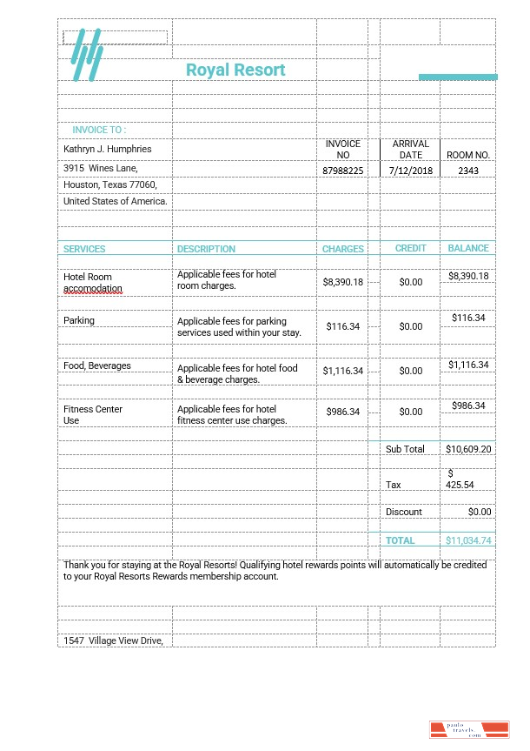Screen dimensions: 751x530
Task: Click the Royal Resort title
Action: (x=235, y=70)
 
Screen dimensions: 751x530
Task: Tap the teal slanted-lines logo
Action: (x=87, y=57)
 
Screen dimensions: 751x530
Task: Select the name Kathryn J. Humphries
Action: (x=108, y=149)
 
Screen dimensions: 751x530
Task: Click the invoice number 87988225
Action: (x=342, y=171)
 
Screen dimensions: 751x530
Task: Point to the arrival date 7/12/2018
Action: (x=411, y=171)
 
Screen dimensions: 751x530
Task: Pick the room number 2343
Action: (x=468, y=171)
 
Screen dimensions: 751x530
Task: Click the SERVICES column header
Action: (x=84, y=249)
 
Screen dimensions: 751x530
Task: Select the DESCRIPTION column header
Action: (x=206, y=249)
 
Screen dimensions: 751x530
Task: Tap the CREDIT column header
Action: (x=411, y=248)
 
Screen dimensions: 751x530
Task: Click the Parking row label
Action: (x=79, y=320)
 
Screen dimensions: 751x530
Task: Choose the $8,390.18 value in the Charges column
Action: (x=342, y=282)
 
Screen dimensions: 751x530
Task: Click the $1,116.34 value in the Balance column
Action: (x=468, y=365)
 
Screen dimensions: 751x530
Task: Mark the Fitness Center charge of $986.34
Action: (x=342, y=412)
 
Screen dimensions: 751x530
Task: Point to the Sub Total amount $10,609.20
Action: (x=468, y=449)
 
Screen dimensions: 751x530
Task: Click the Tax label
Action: (x=394, y=485)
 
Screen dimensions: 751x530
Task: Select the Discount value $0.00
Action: (x=480, y=512)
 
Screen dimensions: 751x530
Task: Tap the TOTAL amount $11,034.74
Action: (x=468, y=540)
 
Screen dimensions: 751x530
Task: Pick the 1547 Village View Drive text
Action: (x=114, y=640)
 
